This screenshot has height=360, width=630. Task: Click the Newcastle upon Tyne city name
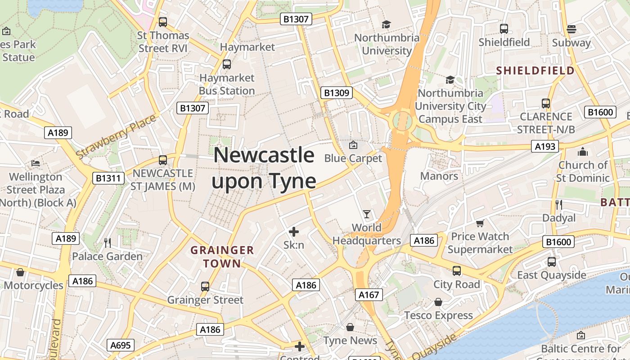pos(264,168)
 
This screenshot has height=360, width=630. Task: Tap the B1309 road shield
pos(337,93)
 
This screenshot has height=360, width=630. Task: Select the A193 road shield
pos(544,146)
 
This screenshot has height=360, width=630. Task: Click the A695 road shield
pos(121,346)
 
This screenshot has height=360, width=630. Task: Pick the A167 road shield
pos(369,295)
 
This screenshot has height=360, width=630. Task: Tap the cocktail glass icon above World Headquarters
pos(367,214)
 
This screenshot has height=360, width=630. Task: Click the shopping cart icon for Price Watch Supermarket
pos(480,223)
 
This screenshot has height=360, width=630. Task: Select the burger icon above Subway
pos(571,29)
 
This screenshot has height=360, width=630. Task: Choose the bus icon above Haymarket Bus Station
pos(227,64)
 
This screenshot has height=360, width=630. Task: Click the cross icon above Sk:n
pos(294,232)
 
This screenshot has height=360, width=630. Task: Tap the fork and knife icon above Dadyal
pos(559,205)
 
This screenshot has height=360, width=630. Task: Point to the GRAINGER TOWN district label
pos(222,257)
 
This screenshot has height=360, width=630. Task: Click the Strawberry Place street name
pos(116,136)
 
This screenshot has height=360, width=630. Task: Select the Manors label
pos(439,176)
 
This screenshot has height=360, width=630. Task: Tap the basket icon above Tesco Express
pos(438,302)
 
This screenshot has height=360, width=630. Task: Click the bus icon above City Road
pos(457,271)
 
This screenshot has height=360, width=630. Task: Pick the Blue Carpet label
pos(353,158)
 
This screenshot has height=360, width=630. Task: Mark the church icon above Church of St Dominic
pos(583,152)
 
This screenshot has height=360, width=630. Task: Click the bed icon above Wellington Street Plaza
pos(36,163)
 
